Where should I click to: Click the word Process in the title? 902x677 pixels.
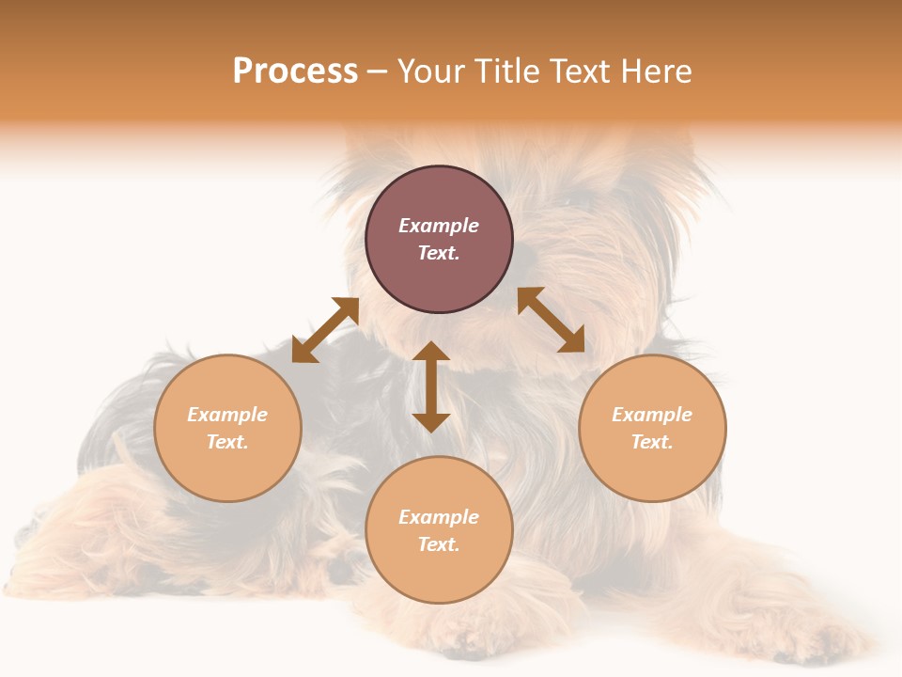295,71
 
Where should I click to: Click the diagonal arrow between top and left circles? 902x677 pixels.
325,330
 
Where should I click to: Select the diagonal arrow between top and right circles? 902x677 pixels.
551,320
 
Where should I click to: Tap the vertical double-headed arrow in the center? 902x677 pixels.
431,386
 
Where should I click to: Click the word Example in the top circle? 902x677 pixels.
439,226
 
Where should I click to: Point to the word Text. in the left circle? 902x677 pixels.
227,442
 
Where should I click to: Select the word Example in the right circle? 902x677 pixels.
652,415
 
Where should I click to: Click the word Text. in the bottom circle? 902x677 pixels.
439,544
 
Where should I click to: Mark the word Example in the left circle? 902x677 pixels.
227,415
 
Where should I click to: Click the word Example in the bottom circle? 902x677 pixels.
439,517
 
